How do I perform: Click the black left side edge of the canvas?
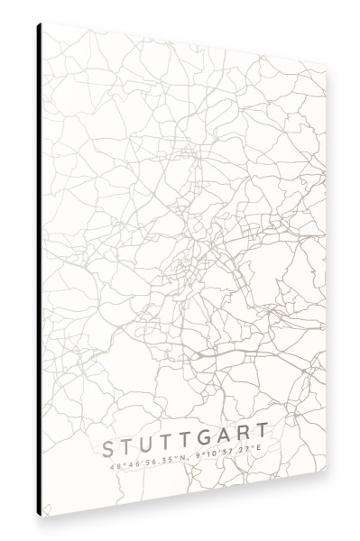click(40, 270)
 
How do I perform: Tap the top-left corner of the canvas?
click(42, 23)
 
